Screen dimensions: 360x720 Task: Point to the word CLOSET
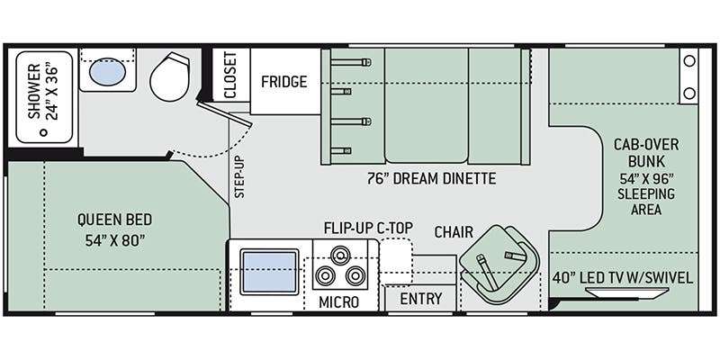coord(230,76)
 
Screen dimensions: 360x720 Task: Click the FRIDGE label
coord(283,82)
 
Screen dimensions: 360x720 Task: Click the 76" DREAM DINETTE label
coord(430,178)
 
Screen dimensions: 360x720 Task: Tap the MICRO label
coord(339,301)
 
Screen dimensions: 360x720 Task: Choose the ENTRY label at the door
coord(420,299)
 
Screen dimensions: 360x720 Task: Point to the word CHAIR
coord(454,232)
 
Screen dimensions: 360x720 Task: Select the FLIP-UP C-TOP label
coord(369,227)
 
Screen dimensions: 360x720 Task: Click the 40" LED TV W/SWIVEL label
coord(623,277)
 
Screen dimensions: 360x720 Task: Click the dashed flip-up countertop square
coord(394,258)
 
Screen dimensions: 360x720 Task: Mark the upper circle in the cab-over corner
coord(689,62)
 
